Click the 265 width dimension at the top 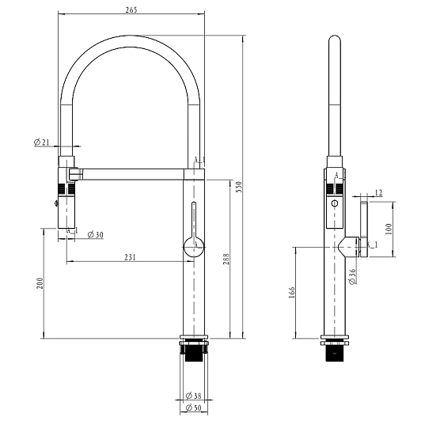coord(131,9)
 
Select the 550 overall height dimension coord(239,187)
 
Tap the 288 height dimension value coord(226,259)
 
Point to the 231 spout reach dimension coord(130,257)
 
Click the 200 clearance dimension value coord(40,283)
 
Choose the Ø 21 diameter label coord(42,142)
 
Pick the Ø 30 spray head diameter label coord(95,235)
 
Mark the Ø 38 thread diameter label coord(193,395)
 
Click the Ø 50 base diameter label coord(193,408)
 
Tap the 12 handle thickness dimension coord(378,192)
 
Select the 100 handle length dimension coord(389,229)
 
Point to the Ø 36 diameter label coord(352,276)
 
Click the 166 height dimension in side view coord(292,292)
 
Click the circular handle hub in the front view coord(194,247)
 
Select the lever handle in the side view coord(364,229)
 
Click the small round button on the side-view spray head coord(335,203)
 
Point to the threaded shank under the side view coord(335,353)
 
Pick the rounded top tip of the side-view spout coord(335,36)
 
